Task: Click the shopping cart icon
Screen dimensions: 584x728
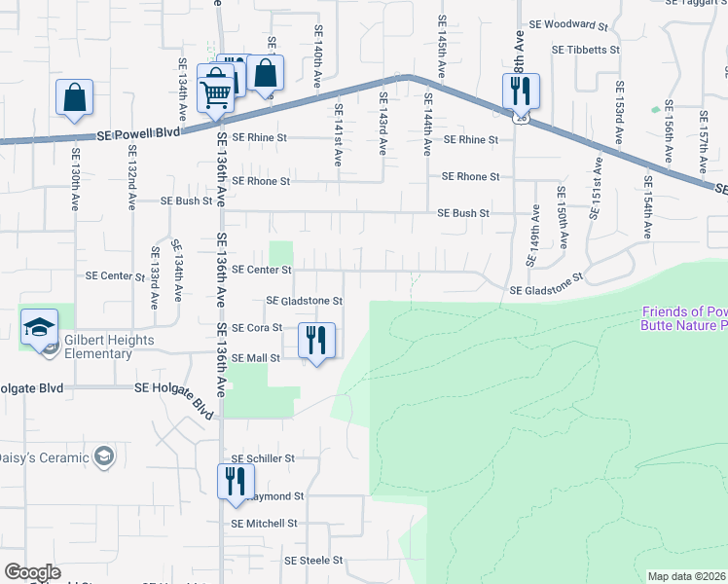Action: [214, 93]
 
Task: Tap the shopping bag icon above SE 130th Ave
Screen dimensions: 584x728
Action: [74, 98]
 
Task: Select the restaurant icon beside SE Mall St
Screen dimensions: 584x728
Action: [315, 341]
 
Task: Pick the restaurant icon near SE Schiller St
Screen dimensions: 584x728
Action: [236, 482]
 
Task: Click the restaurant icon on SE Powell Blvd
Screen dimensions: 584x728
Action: [520, 91]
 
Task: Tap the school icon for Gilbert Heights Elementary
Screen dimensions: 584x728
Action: [39, 327]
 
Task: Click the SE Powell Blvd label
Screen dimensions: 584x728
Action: [138, 135]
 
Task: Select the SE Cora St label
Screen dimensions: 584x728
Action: [257, 328]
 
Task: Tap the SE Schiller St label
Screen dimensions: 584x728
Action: [262, 457]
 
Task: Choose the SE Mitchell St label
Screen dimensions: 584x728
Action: [264, 524]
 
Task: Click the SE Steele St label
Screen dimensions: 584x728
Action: [313, 561]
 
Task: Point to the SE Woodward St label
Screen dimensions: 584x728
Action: [567, 23]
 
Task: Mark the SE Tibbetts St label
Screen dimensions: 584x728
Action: [585, 49]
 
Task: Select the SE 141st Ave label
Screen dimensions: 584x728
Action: [338, 134]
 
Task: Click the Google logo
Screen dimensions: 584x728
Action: [33, 572]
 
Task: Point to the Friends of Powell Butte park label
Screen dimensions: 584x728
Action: [684, 318]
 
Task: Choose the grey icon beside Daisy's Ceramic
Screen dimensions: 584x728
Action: [104, 456]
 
